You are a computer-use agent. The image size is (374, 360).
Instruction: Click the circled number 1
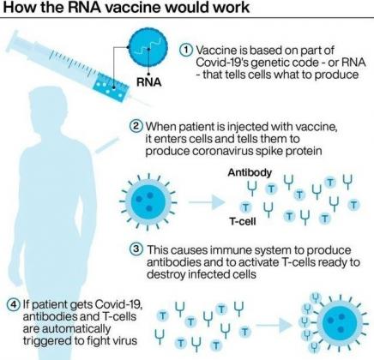coord(186,50)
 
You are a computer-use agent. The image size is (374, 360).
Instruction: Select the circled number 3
coord(136,249)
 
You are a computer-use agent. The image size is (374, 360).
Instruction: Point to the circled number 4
coord(14,304)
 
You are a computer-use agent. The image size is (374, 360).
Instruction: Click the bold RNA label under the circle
coord(149,82)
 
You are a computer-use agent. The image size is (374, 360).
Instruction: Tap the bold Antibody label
coord(250,172)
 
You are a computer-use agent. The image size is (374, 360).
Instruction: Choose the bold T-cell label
coord(243,221)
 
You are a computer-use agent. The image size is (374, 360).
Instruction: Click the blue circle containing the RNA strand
coord(148,48)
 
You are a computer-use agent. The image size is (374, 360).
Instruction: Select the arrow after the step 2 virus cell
coord(207,202)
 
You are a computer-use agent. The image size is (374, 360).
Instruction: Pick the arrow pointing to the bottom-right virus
coord(274,325)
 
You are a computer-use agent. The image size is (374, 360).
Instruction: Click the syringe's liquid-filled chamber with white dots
coord(112,87)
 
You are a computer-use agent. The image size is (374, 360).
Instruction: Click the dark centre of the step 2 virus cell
coord(148,202)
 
